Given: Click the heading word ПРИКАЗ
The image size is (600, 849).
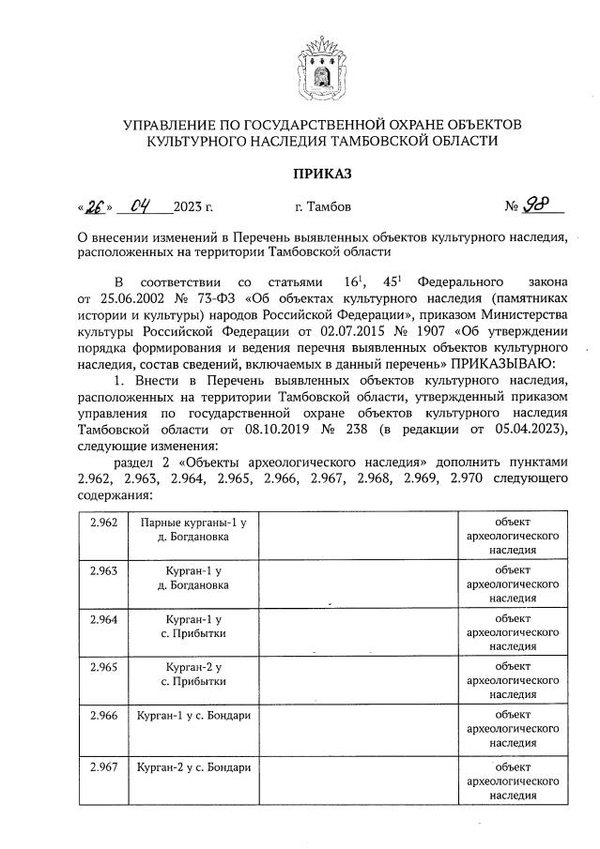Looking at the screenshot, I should [x=319, y=174].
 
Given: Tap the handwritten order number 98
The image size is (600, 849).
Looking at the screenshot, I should [x=538, y=205].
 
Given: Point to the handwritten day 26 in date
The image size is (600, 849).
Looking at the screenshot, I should [x=95, y=205].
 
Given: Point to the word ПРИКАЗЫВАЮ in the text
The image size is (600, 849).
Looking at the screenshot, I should [x=509, y=363].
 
